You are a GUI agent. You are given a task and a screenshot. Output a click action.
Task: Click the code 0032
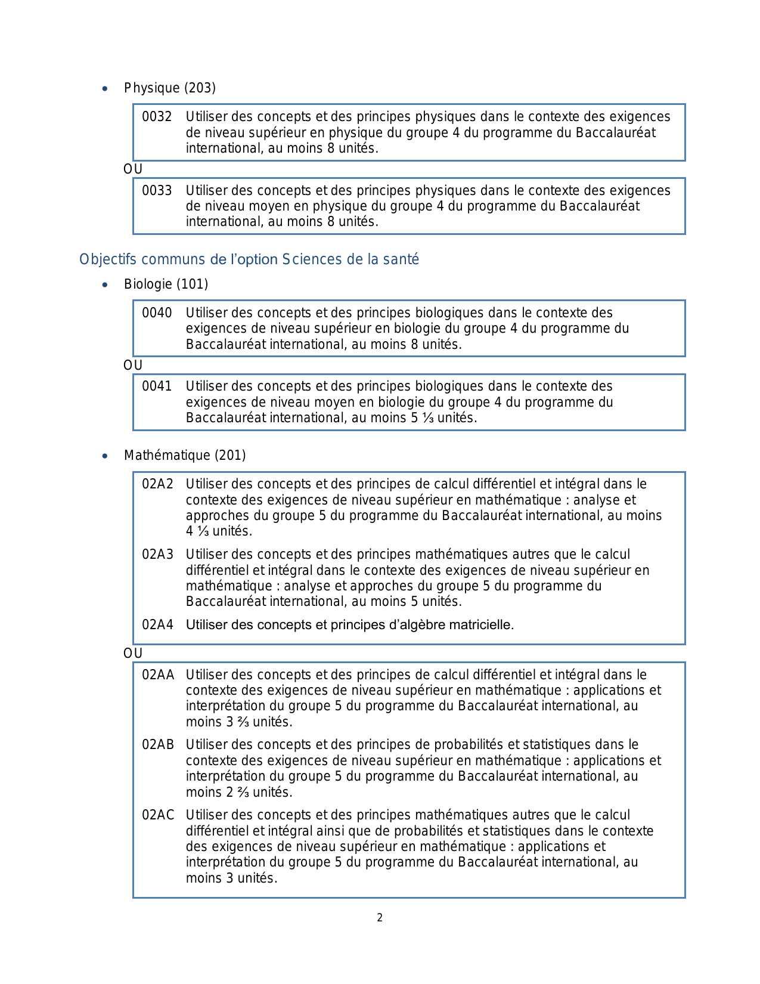pyautogui.click(x=157, y=117)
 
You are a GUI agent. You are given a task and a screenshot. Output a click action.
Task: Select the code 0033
pyautogui.click(x=157, y=191)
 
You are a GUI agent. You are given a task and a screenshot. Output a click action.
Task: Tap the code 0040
pyautogui.click(x=157, y=313)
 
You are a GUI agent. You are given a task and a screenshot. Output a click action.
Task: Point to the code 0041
pyautogui.click(x=157, y=386)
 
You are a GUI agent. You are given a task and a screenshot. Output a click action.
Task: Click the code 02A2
pyautogui.click(x=157, y=484)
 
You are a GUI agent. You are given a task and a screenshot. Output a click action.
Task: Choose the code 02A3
pyautogui.click(x=157, y=555)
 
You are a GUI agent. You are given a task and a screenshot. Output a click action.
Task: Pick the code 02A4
pyautogui.click(x=157, y=625)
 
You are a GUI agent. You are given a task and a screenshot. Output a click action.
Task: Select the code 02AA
pyautogui.click(x=158, y=675)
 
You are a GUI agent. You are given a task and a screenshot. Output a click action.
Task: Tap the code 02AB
pyautogui.click(x=158, y=745)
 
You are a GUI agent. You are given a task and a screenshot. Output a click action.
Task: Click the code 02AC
pyautogui.click(x=158, y=815)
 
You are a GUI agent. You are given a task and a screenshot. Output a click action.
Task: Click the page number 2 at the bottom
pyautogui.click(x=380, y=918)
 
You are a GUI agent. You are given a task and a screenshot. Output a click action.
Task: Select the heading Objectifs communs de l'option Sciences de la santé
pyautogui.click(x=249, y=260)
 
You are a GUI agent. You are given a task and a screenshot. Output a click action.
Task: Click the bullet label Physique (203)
pyautogui.click(x=170, y=88)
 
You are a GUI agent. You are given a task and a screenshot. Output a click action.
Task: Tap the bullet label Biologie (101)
pyautogui.click(x=166, y=284)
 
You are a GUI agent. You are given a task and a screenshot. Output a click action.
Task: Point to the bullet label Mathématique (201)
pyautogui.click(x=185, y=456)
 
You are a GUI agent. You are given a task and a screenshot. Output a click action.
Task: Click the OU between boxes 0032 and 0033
pyautogui.click(x=133, y=169)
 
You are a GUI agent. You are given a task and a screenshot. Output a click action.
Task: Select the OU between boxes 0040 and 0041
pyautogui.click(x=133, y=366)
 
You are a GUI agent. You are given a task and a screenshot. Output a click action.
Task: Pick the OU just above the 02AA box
pyautogui.click(x=133, y=654)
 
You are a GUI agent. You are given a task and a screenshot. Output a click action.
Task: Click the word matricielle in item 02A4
pyautogui.click(x=481, y=625)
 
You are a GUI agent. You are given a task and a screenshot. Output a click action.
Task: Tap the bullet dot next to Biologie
pyautogui.click(x=105, y=285)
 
